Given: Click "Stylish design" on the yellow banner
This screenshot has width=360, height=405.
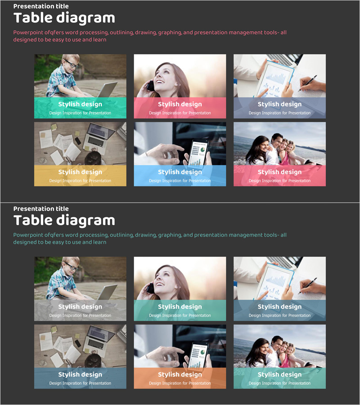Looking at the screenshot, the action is (80, 172).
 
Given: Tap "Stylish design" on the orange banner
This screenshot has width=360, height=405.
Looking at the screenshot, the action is (180, 374).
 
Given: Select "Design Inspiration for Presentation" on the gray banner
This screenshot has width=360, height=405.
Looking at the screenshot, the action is (80, 315).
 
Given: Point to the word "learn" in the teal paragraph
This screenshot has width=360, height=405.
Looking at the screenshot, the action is (100, 242).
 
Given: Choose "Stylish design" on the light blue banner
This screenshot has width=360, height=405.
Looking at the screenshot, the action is (180, 172).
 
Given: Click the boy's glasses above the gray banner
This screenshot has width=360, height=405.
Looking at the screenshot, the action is (71, 265).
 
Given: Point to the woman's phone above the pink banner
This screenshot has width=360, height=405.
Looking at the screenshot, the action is (150, 85).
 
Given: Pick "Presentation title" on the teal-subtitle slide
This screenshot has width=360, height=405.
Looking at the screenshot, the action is (41, 209).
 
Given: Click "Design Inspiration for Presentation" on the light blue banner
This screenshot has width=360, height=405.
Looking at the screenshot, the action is (180, 181).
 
